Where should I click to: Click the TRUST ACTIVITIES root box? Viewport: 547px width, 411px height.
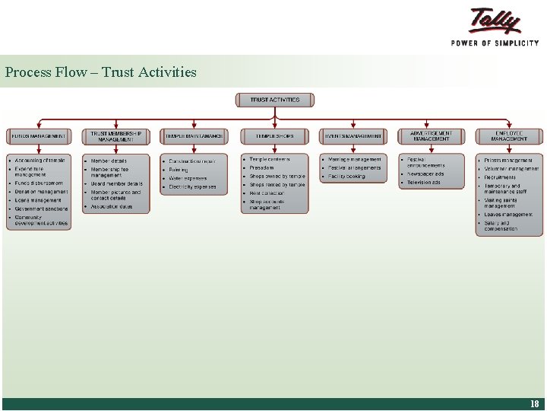pos(274,100)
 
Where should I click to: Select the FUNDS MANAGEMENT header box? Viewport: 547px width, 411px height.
pos(38,136)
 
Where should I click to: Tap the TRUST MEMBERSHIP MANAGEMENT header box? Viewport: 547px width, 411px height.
pos(116,136)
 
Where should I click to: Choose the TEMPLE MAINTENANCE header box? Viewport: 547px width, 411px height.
pos(194,136)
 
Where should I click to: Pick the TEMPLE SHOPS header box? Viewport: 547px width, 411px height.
pos(274,136)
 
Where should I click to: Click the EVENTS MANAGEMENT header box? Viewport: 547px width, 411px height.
pos(353,136)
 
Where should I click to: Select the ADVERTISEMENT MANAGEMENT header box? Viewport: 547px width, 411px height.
pos(431,136)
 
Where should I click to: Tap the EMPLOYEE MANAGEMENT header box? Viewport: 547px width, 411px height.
pos(509,136)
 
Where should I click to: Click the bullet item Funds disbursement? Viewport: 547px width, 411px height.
pos(39,183)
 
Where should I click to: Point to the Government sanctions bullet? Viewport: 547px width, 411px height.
pos(41,209)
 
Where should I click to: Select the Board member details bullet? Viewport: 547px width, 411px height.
pos(116,183)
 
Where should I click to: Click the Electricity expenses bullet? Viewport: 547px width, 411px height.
pos(192,186)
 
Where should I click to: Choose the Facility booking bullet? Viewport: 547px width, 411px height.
pos(346,177)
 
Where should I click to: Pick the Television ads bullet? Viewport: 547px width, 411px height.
pos(424,183)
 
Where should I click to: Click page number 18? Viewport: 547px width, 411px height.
pos(535,404)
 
